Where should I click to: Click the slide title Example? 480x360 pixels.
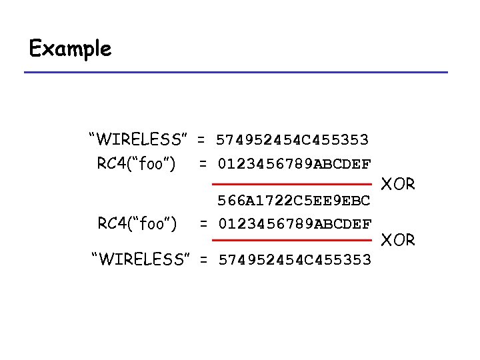(x=70, y=49)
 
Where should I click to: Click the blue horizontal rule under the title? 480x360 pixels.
(x=236, y=72)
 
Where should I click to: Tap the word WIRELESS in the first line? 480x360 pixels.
(x=139, y=140)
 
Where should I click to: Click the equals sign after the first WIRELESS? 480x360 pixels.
(x=200, y=140)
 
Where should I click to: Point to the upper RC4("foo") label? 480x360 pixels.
(x=136, y=163)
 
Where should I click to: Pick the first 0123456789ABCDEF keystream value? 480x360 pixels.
(x=295, y=163)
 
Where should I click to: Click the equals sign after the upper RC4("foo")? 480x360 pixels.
(x=203, y=163)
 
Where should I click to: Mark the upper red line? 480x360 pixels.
(x=292, y=183)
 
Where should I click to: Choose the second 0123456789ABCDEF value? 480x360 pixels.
(x=295, y=223)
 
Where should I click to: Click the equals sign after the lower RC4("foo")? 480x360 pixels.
(x=203, y=223)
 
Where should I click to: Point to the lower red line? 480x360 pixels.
(x=292, y=239)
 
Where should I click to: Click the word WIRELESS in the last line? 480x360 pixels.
(x=141, y=259)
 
